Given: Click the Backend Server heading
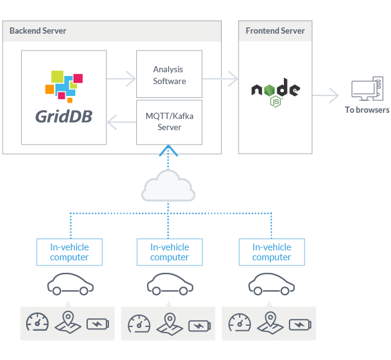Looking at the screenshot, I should click(38, 31).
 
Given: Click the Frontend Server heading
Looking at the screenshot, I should click(275, 31).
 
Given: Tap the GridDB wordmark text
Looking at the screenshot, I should click(64, 116).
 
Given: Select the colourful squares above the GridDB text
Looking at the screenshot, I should click(64, 86).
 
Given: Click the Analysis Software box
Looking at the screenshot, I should click(169, 75).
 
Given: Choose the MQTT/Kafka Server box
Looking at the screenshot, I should click(169, 121).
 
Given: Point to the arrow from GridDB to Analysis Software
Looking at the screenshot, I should click(121, 79).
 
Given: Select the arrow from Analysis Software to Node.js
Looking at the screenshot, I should click(222, 78).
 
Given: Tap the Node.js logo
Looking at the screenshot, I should click(275, 92).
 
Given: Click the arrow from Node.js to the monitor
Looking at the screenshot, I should click(326, 96).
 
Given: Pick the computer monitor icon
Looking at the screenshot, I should click(365, 90).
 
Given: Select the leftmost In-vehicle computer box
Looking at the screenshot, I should click(69, 252).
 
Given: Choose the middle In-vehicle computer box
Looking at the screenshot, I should click(169, 252).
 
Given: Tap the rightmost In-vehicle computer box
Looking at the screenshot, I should click(271, 252).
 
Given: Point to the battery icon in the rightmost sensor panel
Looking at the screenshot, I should click(300, 324).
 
